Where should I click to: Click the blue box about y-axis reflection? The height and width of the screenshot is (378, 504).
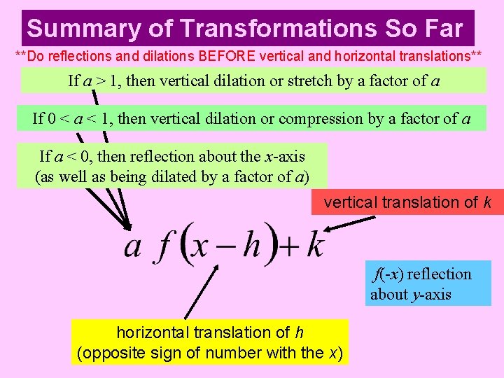[x=430, y=283]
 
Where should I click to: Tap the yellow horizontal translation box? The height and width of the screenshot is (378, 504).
[x=209, y=342]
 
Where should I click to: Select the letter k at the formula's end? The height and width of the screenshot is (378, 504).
[x=315, y=246]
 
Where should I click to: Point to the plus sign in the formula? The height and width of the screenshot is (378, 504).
[x=290, y=247]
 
